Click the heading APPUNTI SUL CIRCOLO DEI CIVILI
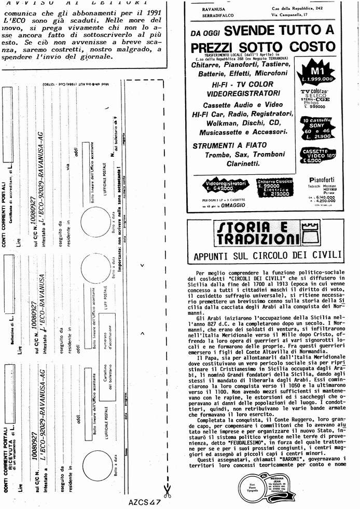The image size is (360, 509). point(267,255)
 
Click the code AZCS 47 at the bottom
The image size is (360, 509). point(146,502)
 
